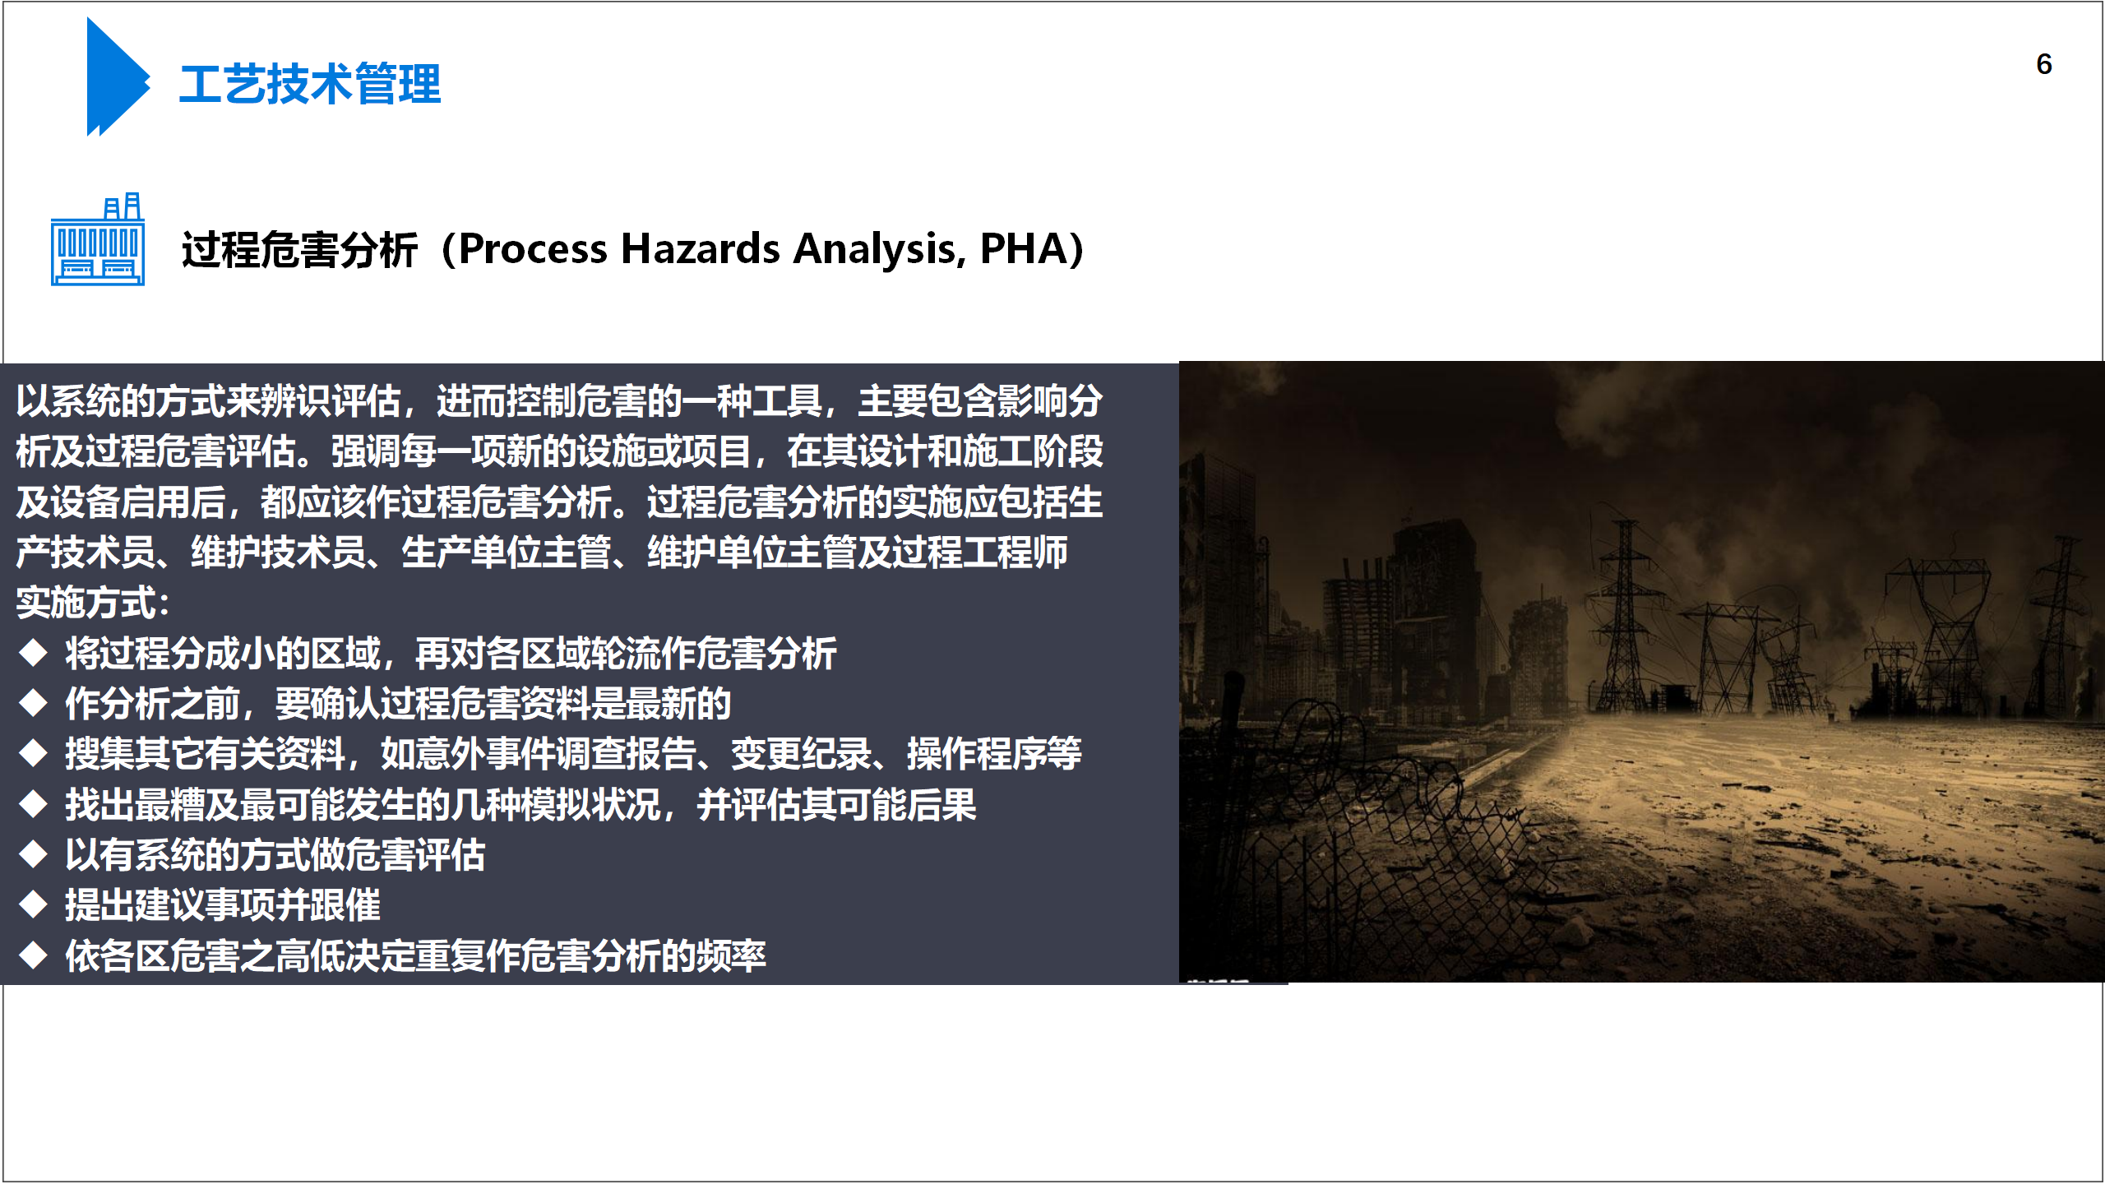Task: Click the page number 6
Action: pyautogui.click(x=2043, y=64)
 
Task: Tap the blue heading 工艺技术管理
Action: pyautogui.click(x=310, y=84)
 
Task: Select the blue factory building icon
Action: pyautogui.click(x=98, y=239)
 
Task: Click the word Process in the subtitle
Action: pyautogui.click(x=532, y=249)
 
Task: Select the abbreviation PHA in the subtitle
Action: pyautogui.click(x=1022, y=249)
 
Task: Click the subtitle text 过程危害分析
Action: pyautogui.click(x=299, y=250)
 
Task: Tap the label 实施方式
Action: pyautogui.click(x=86, y=603)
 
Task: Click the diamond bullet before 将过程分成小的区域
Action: pyautogui.click(x=34, y=653)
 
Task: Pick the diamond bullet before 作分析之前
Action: pyautogui.click(x=34, y=703)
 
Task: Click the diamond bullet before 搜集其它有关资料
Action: pyautogui.click(x=34, y=753)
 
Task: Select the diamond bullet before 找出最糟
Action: pyautogui.click(x=34, y=804)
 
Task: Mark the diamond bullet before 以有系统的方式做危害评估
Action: pyautogui.click(x=34, y=854)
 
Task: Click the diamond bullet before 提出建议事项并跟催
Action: pyautogui.click(x=34, y=905)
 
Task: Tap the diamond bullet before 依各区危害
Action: pyautogui.click(x=34, y=955)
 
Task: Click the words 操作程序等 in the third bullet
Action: pyautogui.click(x=994, y=754)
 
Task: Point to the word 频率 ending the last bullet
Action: pyautogui.click(x=731, y=956)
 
